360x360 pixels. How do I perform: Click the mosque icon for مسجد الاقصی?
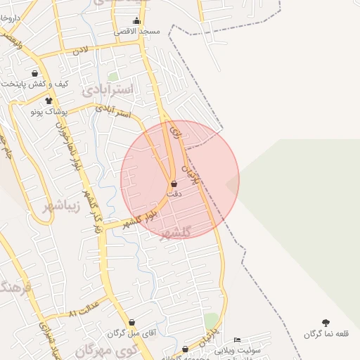tap(136, 21)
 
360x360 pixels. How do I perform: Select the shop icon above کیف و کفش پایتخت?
tap(35, 73)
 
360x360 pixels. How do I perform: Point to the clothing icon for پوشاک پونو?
tap(49, 101)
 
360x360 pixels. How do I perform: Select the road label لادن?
tap(81, 51)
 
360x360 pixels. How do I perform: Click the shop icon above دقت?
tap(174, 184)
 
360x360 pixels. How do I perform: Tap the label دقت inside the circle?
tap(174, 193)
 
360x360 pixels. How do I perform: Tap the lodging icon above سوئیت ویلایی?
tap(237, 340)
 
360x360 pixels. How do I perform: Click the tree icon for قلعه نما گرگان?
tap(326, 323)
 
